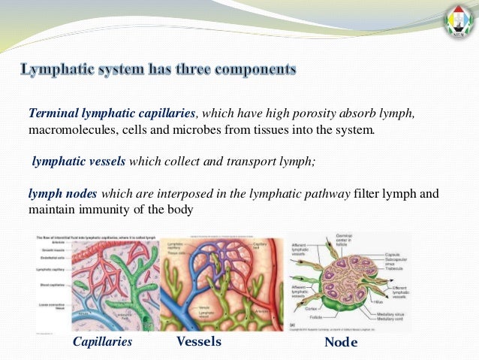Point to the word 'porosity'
pos(311,113)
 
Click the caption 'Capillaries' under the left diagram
pos(102,342)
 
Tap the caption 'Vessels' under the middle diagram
pos(198,341)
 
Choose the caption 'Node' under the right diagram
pos(341,343)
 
